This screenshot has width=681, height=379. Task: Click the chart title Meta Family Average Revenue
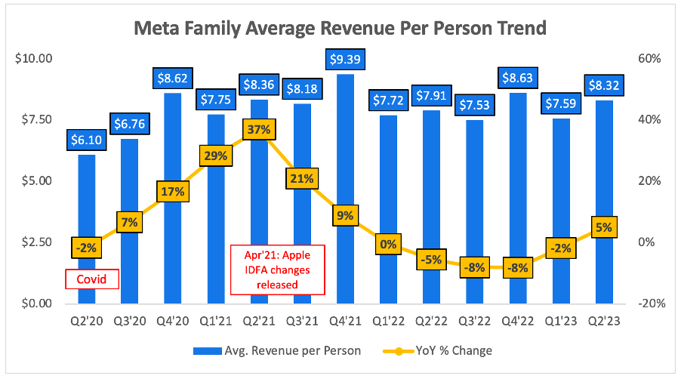[x=340, y=29]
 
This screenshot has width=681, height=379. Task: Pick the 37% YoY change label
[x=258, y=129]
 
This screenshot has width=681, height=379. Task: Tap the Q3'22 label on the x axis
[x=473, y=320]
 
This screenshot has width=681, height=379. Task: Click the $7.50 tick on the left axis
[x=32, y=120]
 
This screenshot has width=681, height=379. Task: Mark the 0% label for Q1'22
[x=387, y=243]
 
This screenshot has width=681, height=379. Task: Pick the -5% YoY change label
[x=430, y=259]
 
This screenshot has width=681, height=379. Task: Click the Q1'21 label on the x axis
[x=215, y=320]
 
